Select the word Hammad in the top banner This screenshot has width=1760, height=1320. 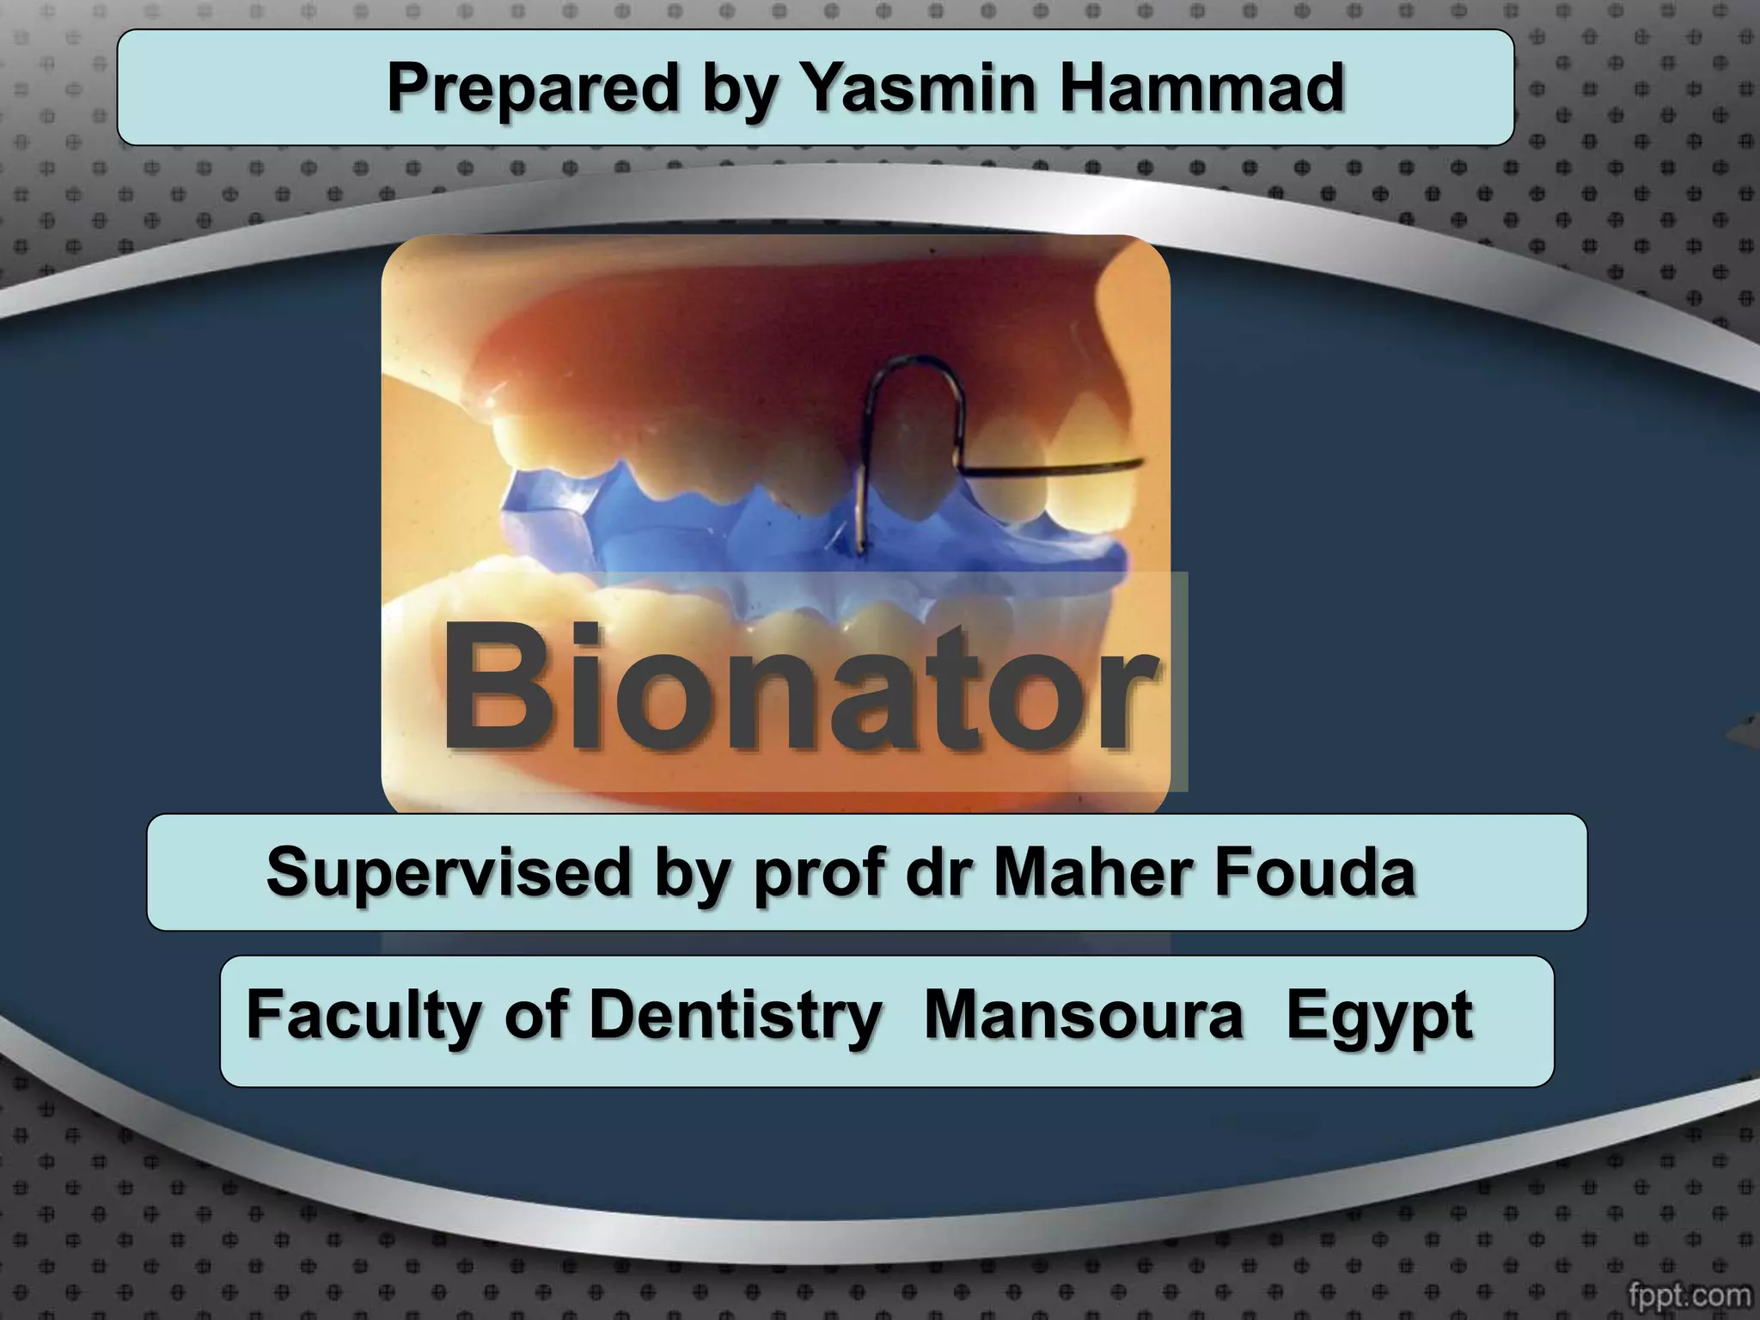point(1201,88)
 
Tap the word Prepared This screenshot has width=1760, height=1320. point(533,88)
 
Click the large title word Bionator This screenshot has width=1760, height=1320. point(799,687)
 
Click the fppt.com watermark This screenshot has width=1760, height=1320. point(1689,1293)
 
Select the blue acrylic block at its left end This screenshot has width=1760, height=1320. point(537,511)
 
